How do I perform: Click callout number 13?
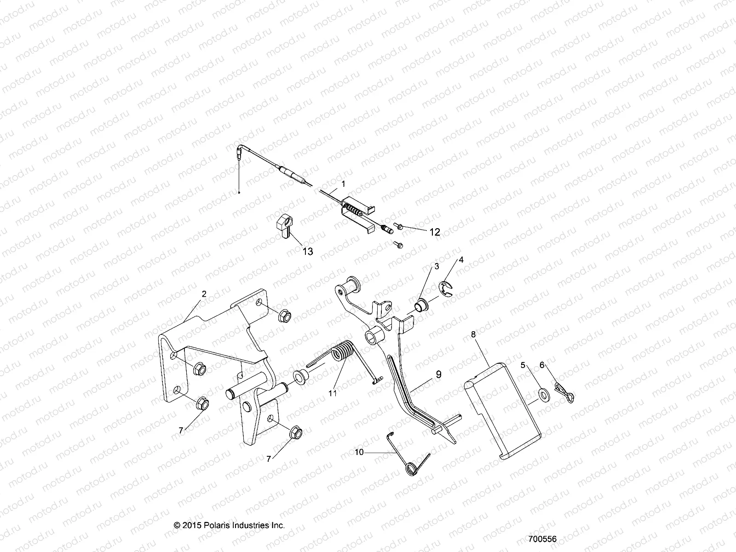click(x=307, y=251)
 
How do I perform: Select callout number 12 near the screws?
click(x=434, y=232)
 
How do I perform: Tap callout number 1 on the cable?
click(x=343, y=183)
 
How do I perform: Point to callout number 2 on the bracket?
click(x=204, y=293)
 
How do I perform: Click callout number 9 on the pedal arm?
click(x=438, y=374)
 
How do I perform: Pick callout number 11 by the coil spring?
click(x=332, y=393)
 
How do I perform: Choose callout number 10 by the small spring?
click(x=359, y=452)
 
